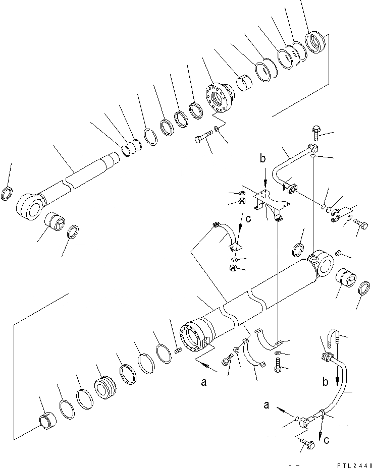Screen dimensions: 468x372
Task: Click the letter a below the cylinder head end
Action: tap(204, 383)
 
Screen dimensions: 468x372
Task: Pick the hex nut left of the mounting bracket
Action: tap(242, 203)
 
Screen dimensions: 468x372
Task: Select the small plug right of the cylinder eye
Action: tap(338, 252)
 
